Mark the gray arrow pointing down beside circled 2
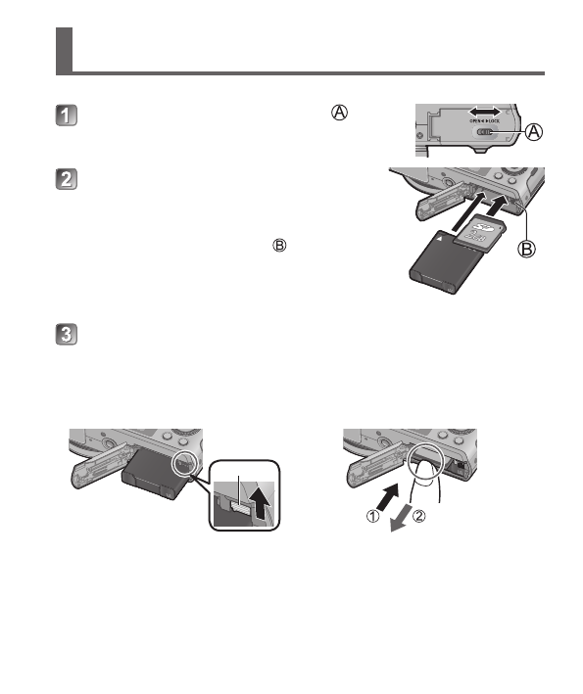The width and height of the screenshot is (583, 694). [x=401, y=519]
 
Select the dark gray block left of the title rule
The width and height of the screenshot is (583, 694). [x=65, y=50]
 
